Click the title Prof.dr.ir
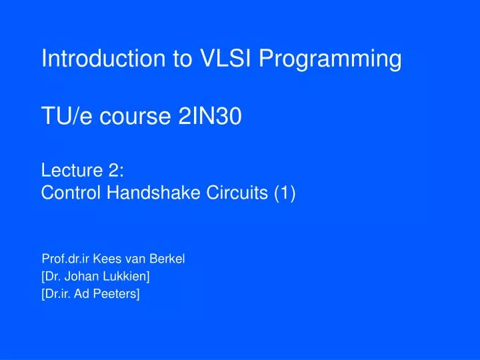(x=65, y=259)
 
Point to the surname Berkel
(x=169, y=259)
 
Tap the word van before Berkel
(x=137, y=259)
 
